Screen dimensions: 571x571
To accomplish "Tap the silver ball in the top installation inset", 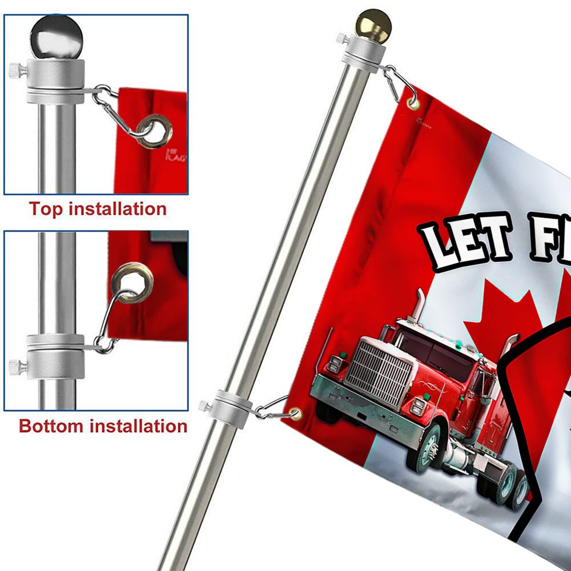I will pyautogui.click(x=56, y=35).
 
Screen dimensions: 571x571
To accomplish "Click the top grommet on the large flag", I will pyautogui.click(x=413, y=103).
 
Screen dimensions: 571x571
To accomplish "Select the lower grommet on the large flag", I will pyautogui.click(x=295, y=412).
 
